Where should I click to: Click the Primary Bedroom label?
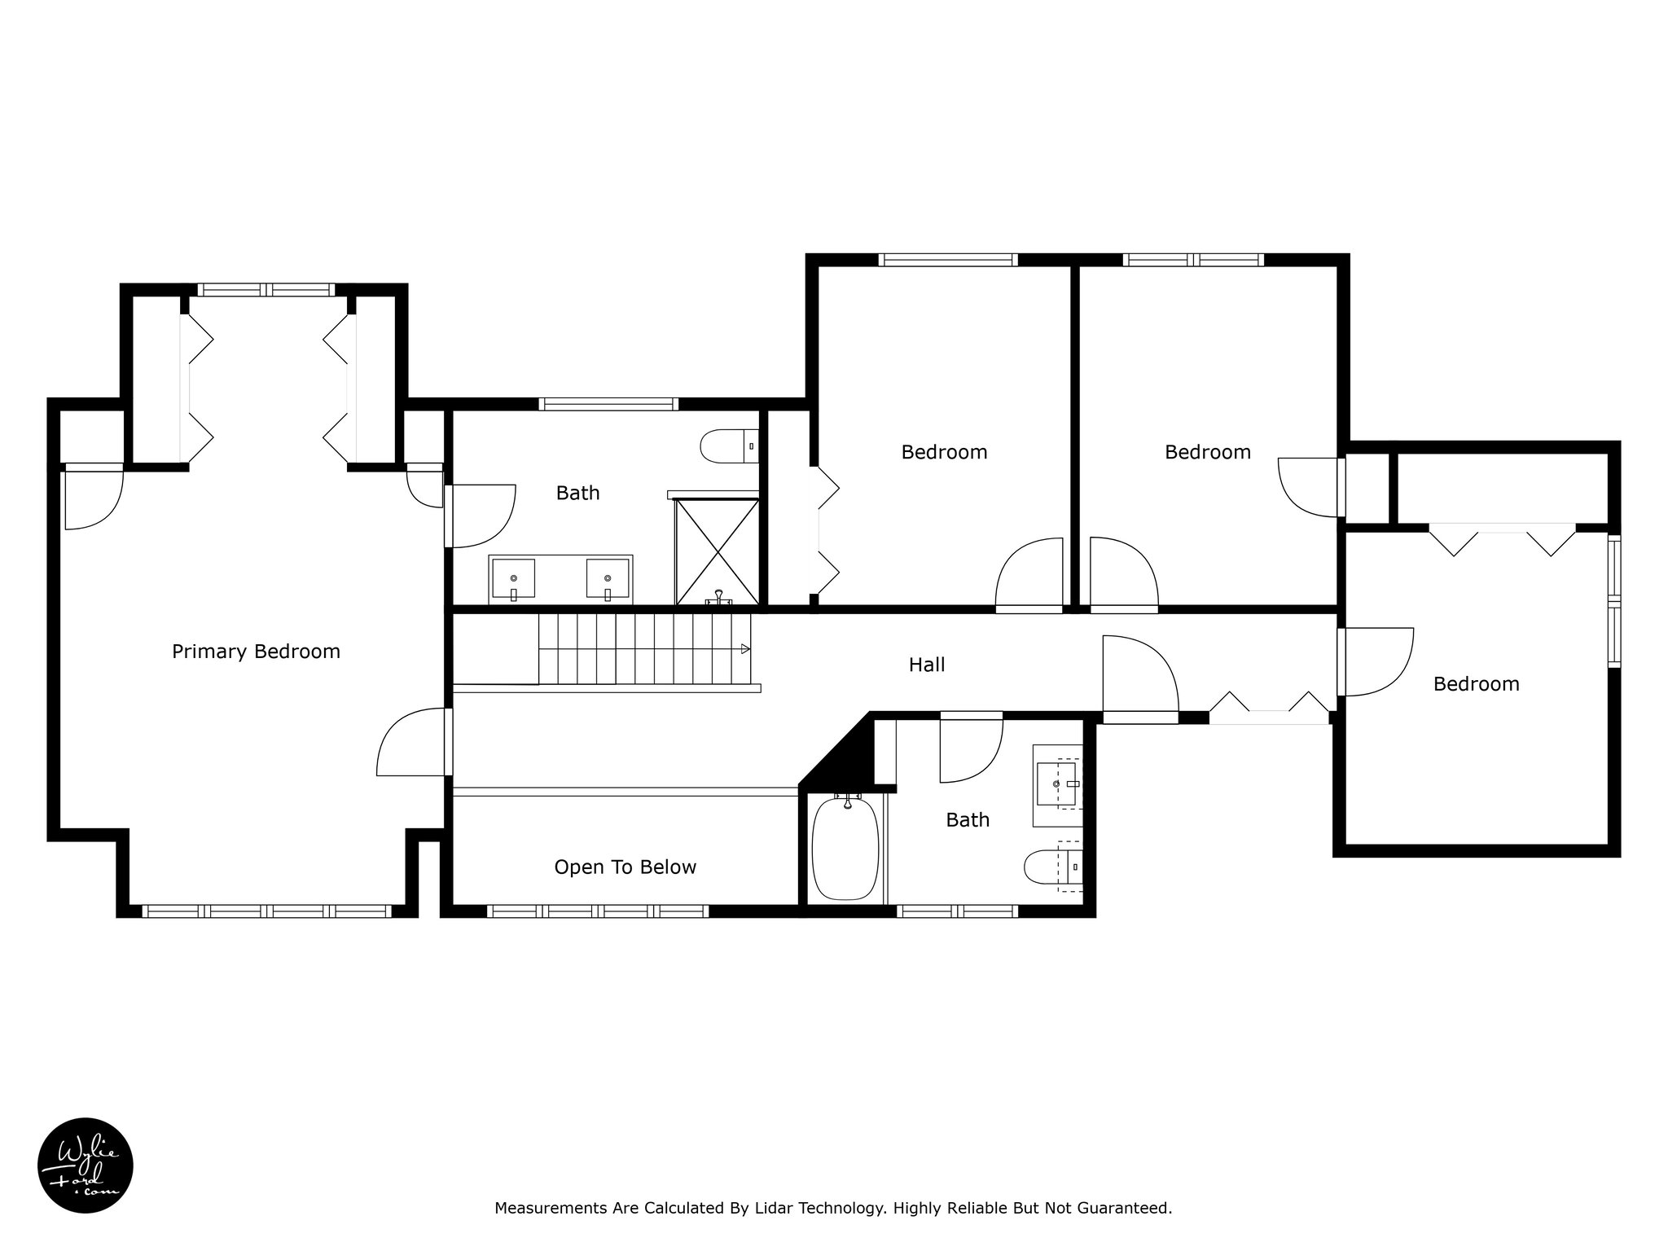tap(256, 652)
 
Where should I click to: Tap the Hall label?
tap(927, 665)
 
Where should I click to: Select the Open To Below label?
tap(625, 868)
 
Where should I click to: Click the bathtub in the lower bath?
tap(846, 849)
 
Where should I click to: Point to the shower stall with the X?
tap(718, 552)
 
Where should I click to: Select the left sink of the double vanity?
tap(513, 579)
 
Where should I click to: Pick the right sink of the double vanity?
tap(608, 579)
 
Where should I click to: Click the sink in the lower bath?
tap(1056, 784)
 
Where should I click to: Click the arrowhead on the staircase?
tap(745, 649)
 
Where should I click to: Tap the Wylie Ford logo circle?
tap(86, 1165)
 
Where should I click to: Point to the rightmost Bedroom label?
tap(1477, 684)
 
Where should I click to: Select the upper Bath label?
tap(577, 494)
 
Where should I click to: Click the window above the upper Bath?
tap(608, 404)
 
